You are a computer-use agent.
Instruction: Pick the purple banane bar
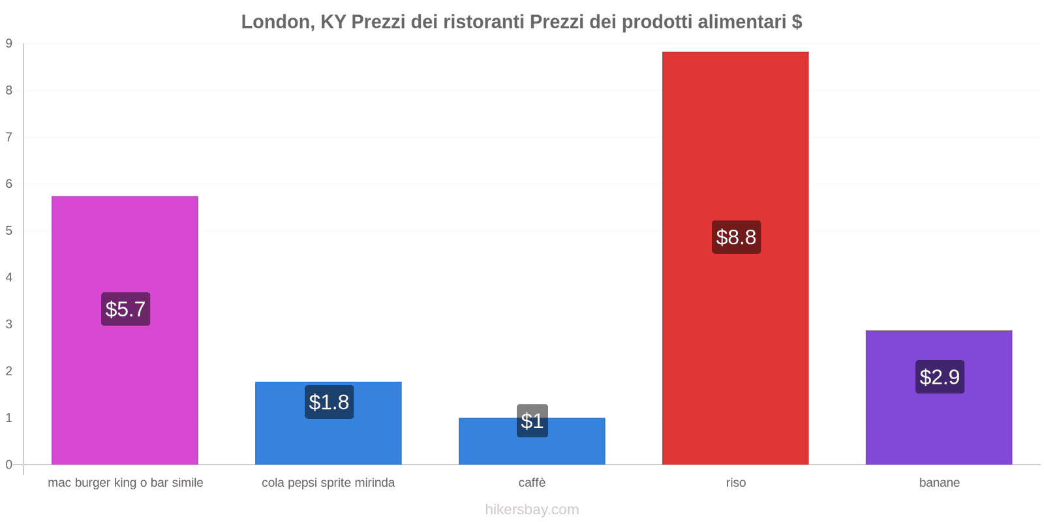point(939,424)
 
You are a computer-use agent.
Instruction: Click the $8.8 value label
point(736,237)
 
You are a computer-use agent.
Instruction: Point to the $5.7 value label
point(125,309)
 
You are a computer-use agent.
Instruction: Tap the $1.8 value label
point(329,402)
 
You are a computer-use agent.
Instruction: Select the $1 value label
point(532,421)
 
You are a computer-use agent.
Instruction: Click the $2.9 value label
point(940,376)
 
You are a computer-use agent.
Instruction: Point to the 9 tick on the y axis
point(9,44)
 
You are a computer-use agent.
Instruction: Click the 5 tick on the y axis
point(9,231)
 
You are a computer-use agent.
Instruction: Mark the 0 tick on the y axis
point(9,465)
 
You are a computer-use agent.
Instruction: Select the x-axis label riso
point(735,483)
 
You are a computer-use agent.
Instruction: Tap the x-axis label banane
point(939,483)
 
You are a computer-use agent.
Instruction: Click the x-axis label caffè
point(532,483)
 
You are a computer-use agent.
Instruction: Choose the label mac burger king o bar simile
point(125,483)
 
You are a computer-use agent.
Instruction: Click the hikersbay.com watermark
point(532,510)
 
